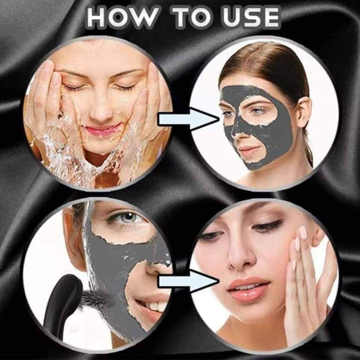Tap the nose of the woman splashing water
(x=101, y=110)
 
